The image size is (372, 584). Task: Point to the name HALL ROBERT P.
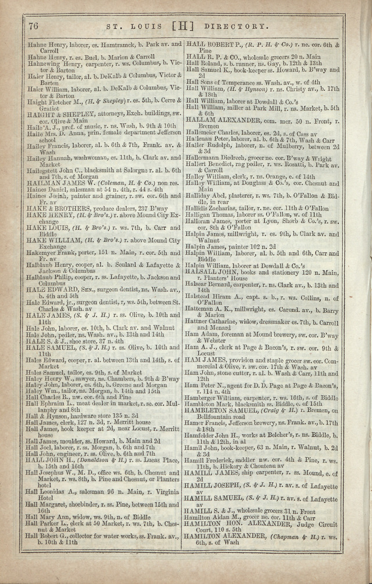(214, 44)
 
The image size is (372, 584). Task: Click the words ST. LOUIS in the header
(133, 26)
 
